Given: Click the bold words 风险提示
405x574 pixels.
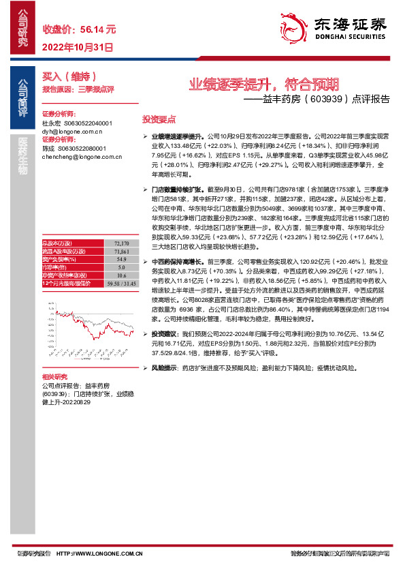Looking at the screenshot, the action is [164, 368].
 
